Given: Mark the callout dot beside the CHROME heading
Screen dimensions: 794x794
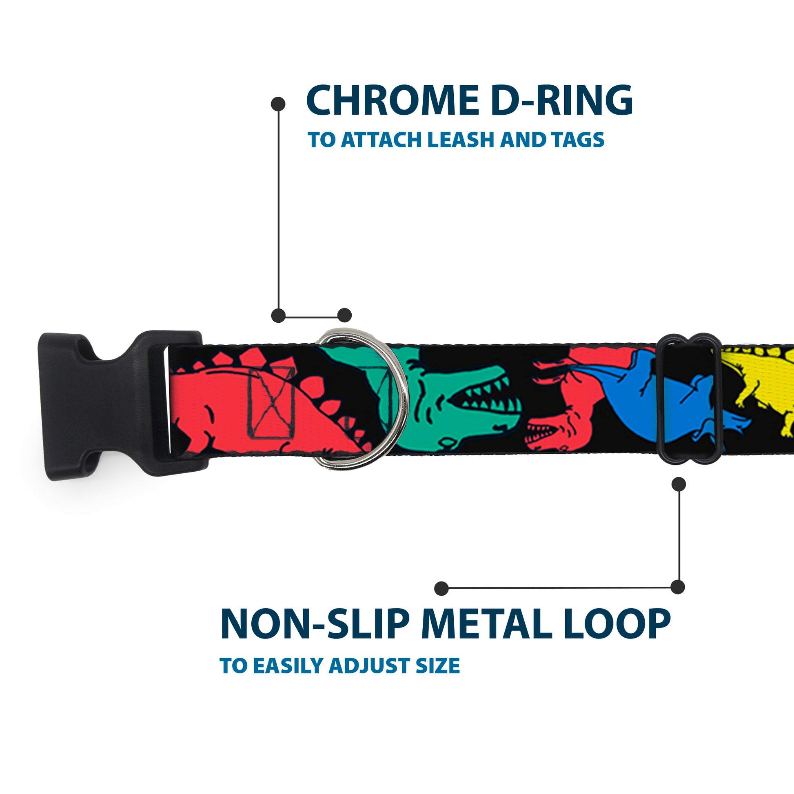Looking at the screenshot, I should coord(278,104).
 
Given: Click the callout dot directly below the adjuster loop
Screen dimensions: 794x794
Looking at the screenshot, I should coord(679,484).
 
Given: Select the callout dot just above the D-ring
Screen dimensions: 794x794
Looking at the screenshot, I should coord(344,315).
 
